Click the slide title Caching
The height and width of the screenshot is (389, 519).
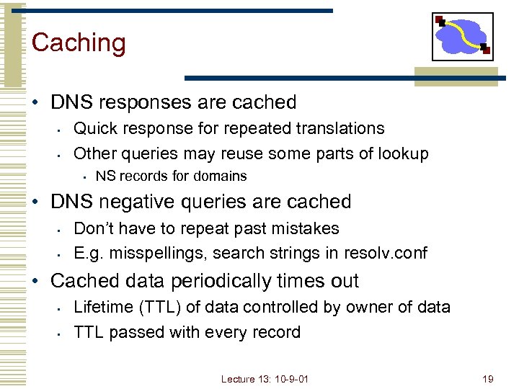click(x=79, y=43)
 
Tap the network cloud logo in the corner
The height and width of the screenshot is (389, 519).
click(x=462, y=36)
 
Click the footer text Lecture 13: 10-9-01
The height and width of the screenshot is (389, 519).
click(x=265, y=378)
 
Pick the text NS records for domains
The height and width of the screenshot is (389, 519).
click(x=171, y=176)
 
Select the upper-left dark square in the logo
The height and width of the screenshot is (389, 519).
click(x=440, y=21)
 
